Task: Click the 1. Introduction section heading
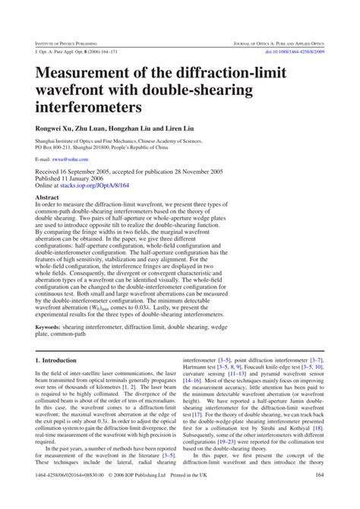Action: pos(55,360)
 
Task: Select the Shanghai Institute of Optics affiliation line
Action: pos(108,141)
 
